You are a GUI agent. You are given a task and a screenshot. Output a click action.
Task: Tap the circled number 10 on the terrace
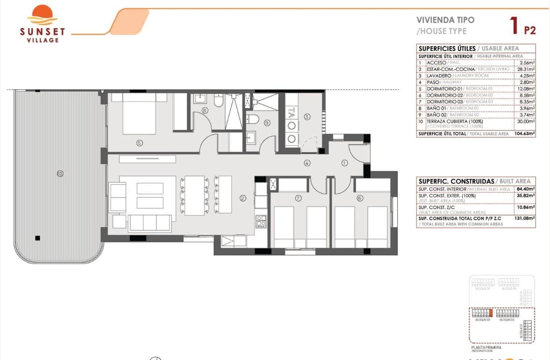(60, 174)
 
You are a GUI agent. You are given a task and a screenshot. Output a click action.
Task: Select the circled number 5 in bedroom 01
(139, 142)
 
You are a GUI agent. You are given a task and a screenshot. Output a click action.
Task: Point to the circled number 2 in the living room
(243, 198)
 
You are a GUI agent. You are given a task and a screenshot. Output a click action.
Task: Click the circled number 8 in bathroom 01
(204, 111)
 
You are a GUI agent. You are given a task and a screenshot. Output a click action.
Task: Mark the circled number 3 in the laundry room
(307, 117)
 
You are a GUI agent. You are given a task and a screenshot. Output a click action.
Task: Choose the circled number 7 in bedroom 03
(298, 198)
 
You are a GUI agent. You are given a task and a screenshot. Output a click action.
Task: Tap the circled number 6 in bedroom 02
(360, 198)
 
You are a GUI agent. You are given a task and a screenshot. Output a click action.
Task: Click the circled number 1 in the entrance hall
(345, 163)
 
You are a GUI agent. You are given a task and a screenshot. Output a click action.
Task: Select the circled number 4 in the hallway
(307, 163)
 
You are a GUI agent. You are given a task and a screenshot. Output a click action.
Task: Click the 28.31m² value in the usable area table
(526, 69)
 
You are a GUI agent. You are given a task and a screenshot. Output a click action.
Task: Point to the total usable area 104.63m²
(525, 134)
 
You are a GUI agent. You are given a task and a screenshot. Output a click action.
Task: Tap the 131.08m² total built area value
(526, 218)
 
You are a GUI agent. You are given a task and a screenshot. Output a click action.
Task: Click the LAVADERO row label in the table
(439, 76)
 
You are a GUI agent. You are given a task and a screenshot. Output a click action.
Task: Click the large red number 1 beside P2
(513, 26)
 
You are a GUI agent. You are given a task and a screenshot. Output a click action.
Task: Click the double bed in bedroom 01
(139, 113)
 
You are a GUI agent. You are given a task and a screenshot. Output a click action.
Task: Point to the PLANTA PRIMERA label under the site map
(486, 347)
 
